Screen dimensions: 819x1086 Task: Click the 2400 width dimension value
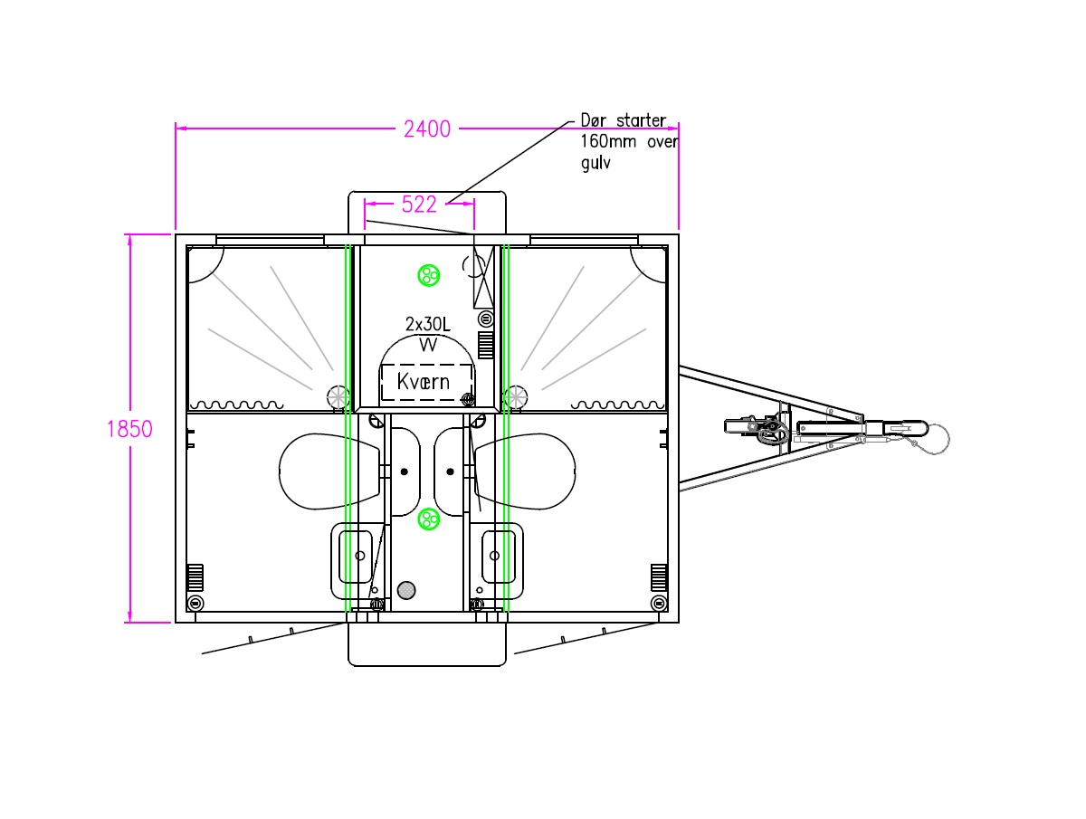coord(427,129)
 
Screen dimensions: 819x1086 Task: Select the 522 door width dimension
coord(419,205)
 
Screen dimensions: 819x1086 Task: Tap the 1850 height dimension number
coord(129,429)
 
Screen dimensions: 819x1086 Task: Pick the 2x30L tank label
coord(427,324)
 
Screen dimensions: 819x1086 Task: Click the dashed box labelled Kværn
coord(426,382)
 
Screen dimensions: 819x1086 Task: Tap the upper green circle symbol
coord(428,274)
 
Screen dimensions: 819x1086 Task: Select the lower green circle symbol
coord(428,519)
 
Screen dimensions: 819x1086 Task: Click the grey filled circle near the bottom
coord(406,590)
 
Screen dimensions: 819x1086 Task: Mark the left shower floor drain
coord(338,396)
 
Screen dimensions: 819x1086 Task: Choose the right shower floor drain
coord(516,396)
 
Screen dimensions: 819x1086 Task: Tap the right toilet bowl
coord(528,471)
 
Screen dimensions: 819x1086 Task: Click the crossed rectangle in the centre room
coord(484,277)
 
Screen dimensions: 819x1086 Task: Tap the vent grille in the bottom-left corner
coord(195,576)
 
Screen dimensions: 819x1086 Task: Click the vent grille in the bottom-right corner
coord(659,576)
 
